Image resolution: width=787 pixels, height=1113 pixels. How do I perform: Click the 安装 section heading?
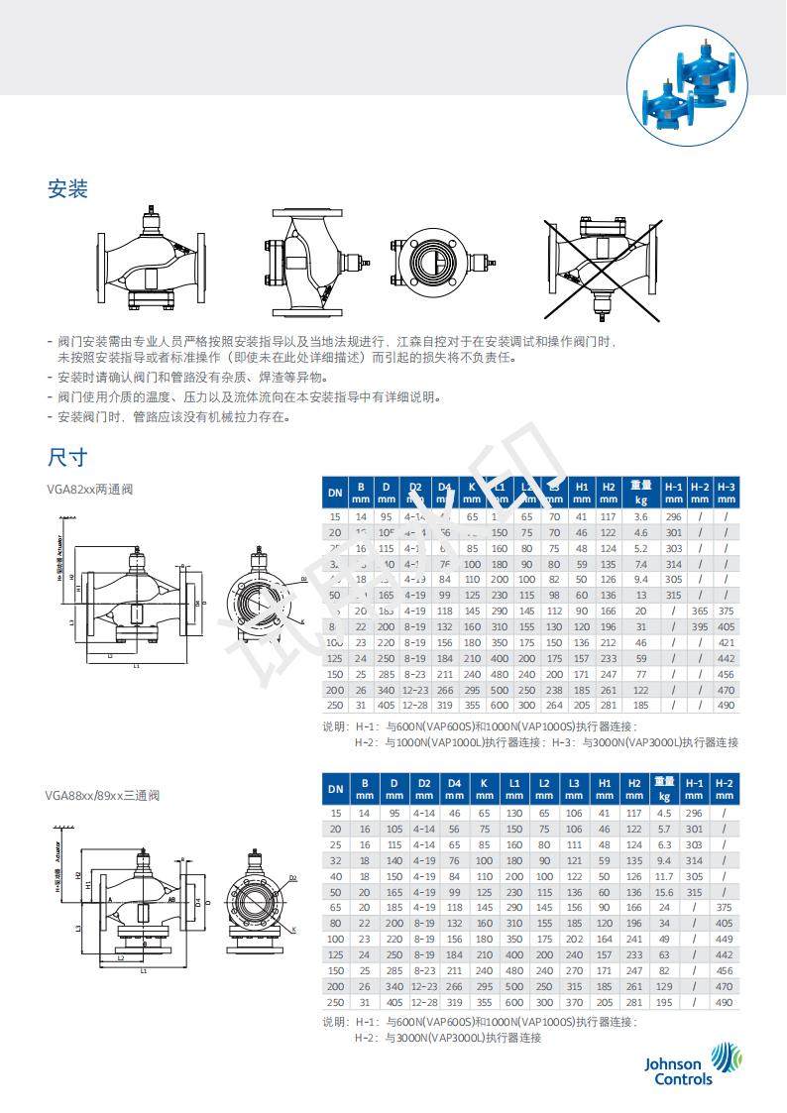pos(67,188)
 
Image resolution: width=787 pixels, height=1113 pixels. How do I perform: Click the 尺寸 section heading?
pos(67,457)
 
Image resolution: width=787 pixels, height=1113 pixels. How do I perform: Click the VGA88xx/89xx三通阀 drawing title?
pos(102,795)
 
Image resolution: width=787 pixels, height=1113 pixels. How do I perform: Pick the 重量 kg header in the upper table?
pos(641,491)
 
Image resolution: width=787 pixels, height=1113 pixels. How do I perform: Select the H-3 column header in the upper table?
pos(727,491)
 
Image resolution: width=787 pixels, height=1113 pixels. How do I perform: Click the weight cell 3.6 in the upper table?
pos(641,516)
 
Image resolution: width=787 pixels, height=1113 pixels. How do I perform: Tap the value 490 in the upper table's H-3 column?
pos(727,705)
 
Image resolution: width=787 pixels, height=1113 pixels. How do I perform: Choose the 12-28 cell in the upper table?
pos(415,705)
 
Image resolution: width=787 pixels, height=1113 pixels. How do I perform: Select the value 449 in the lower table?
pos(726,939)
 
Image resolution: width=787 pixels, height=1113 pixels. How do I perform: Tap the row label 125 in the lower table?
pos(336,954)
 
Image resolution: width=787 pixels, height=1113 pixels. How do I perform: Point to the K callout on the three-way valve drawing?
pos(294,929)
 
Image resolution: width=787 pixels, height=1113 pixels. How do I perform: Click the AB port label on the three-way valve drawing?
pos(173,901)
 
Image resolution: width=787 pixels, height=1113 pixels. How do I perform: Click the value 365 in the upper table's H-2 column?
pos(700,611)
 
